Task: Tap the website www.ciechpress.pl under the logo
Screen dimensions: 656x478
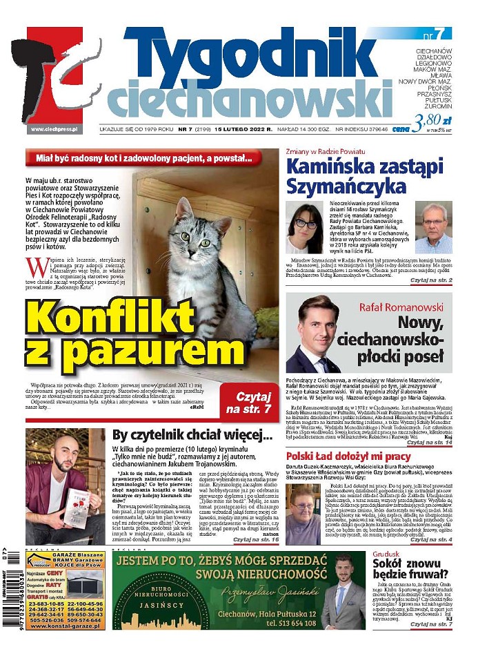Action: [x=54, y=129]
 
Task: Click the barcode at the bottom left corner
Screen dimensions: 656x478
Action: [x=12, y=600]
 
